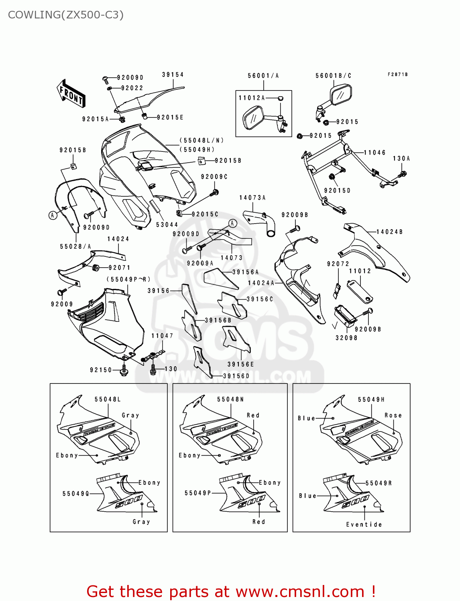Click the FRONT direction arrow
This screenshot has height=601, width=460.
coord(71,94)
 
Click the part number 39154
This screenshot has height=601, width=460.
coord(173,75)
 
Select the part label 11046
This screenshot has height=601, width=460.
coord(375,152)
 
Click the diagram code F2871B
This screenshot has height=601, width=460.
coord(397,75)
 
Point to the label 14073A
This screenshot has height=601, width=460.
coord(252,198)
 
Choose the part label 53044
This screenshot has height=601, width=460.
coord(167,225)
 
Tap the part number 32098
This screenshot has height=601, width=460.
coord(346,338)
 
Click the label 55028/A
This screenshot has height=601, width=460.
coord(75,246)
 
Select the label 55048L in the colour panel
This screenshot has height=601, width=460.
coord(108,399)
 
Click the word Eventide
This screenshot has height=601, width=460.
coord(364,524)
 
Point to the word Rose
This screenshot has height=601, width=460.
coord(393,415)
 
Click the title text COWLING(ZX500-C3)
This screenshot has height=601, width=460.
coord(66,15)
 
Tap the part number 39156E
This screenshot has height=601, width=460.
coord(241,364)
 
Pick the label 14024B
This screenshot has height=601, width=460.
coord(389,232)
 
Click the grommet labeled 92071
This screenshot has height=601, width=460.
coord(96,267)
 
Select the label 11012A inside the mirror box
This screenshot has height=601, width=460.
coord(252,98)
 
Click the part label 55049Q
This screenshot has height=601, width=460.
coord(76,494)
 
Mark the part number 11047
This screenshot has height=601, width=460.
coord(162,336)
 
